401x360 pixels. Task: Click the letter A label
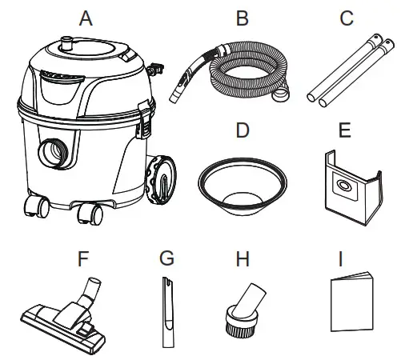point(86,17)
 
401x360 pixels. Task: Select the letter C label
point(346,17)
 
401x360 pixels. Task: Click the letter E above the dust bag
point(346,130)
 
